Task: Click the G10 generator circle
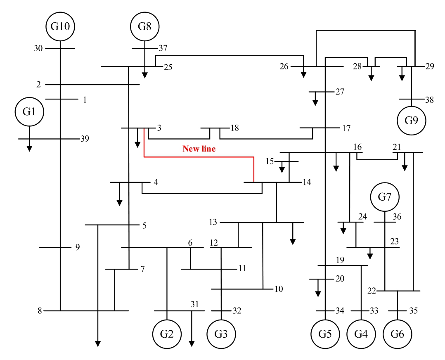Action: click(60, 27)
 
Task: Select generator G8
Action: click(144, 27)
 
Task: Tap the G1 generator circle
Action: click(29, 111)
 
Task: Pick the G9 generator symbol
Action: click(412, 121)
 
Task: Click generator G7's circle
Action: click(385, 197)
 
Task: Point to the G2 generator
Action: click(167, 334)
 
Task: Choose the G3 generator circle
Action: click(221, 334)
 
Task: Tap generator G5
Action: click(325, 334)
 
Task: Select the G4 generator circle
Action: click(361, 334)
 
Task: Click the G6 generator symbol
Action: click(398, 334)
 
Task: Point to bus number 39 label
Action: click(85, 138)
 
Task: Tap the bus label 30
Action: click(38, 49)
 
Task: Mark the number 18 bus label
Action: click(234, 128)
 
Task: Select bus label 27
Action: click(340, 92)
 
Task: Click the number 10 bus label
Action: click(279, 289)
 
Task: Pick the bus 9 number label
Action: click(77, 248)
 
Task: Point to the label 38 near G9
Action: click(429, 99)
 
